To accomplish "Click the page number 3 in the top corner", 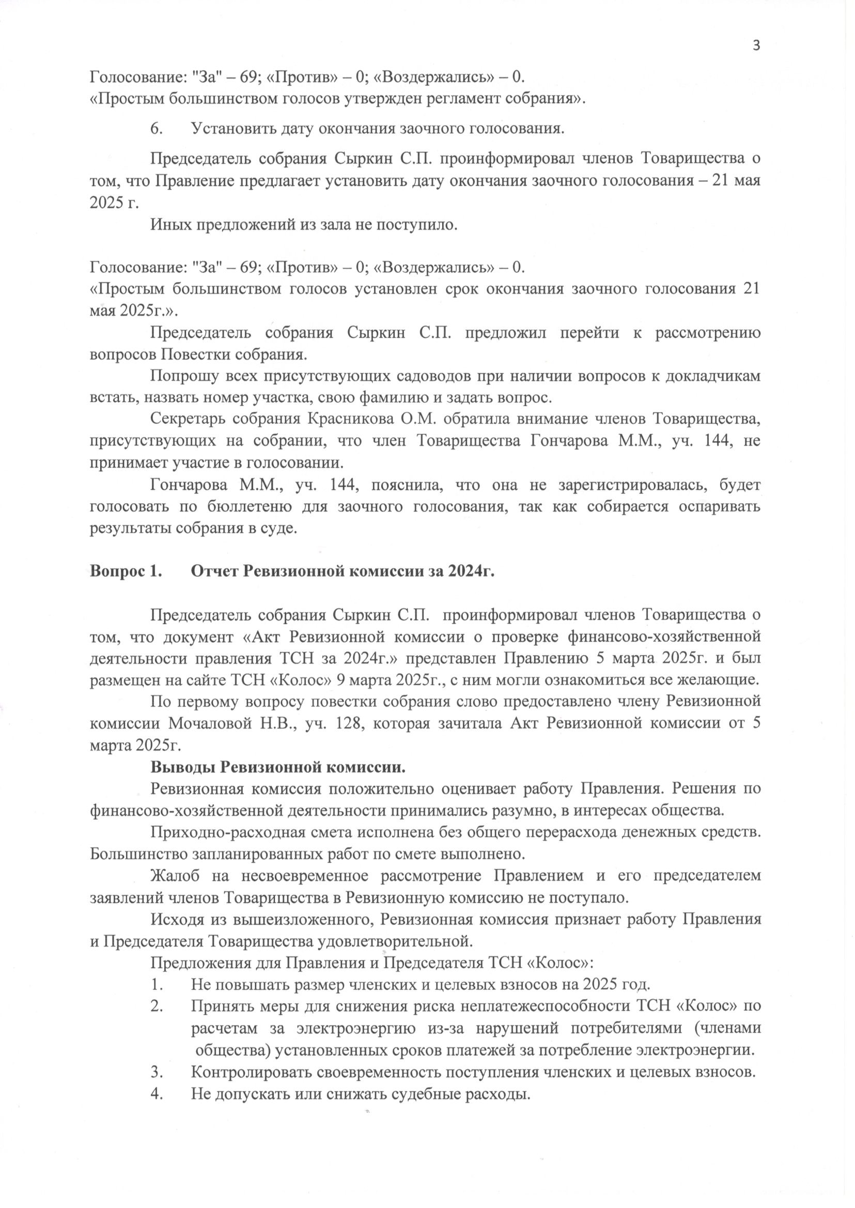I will (x=756, y=46).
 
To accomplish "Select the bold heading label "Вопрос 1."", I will (x=126, y=571).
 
